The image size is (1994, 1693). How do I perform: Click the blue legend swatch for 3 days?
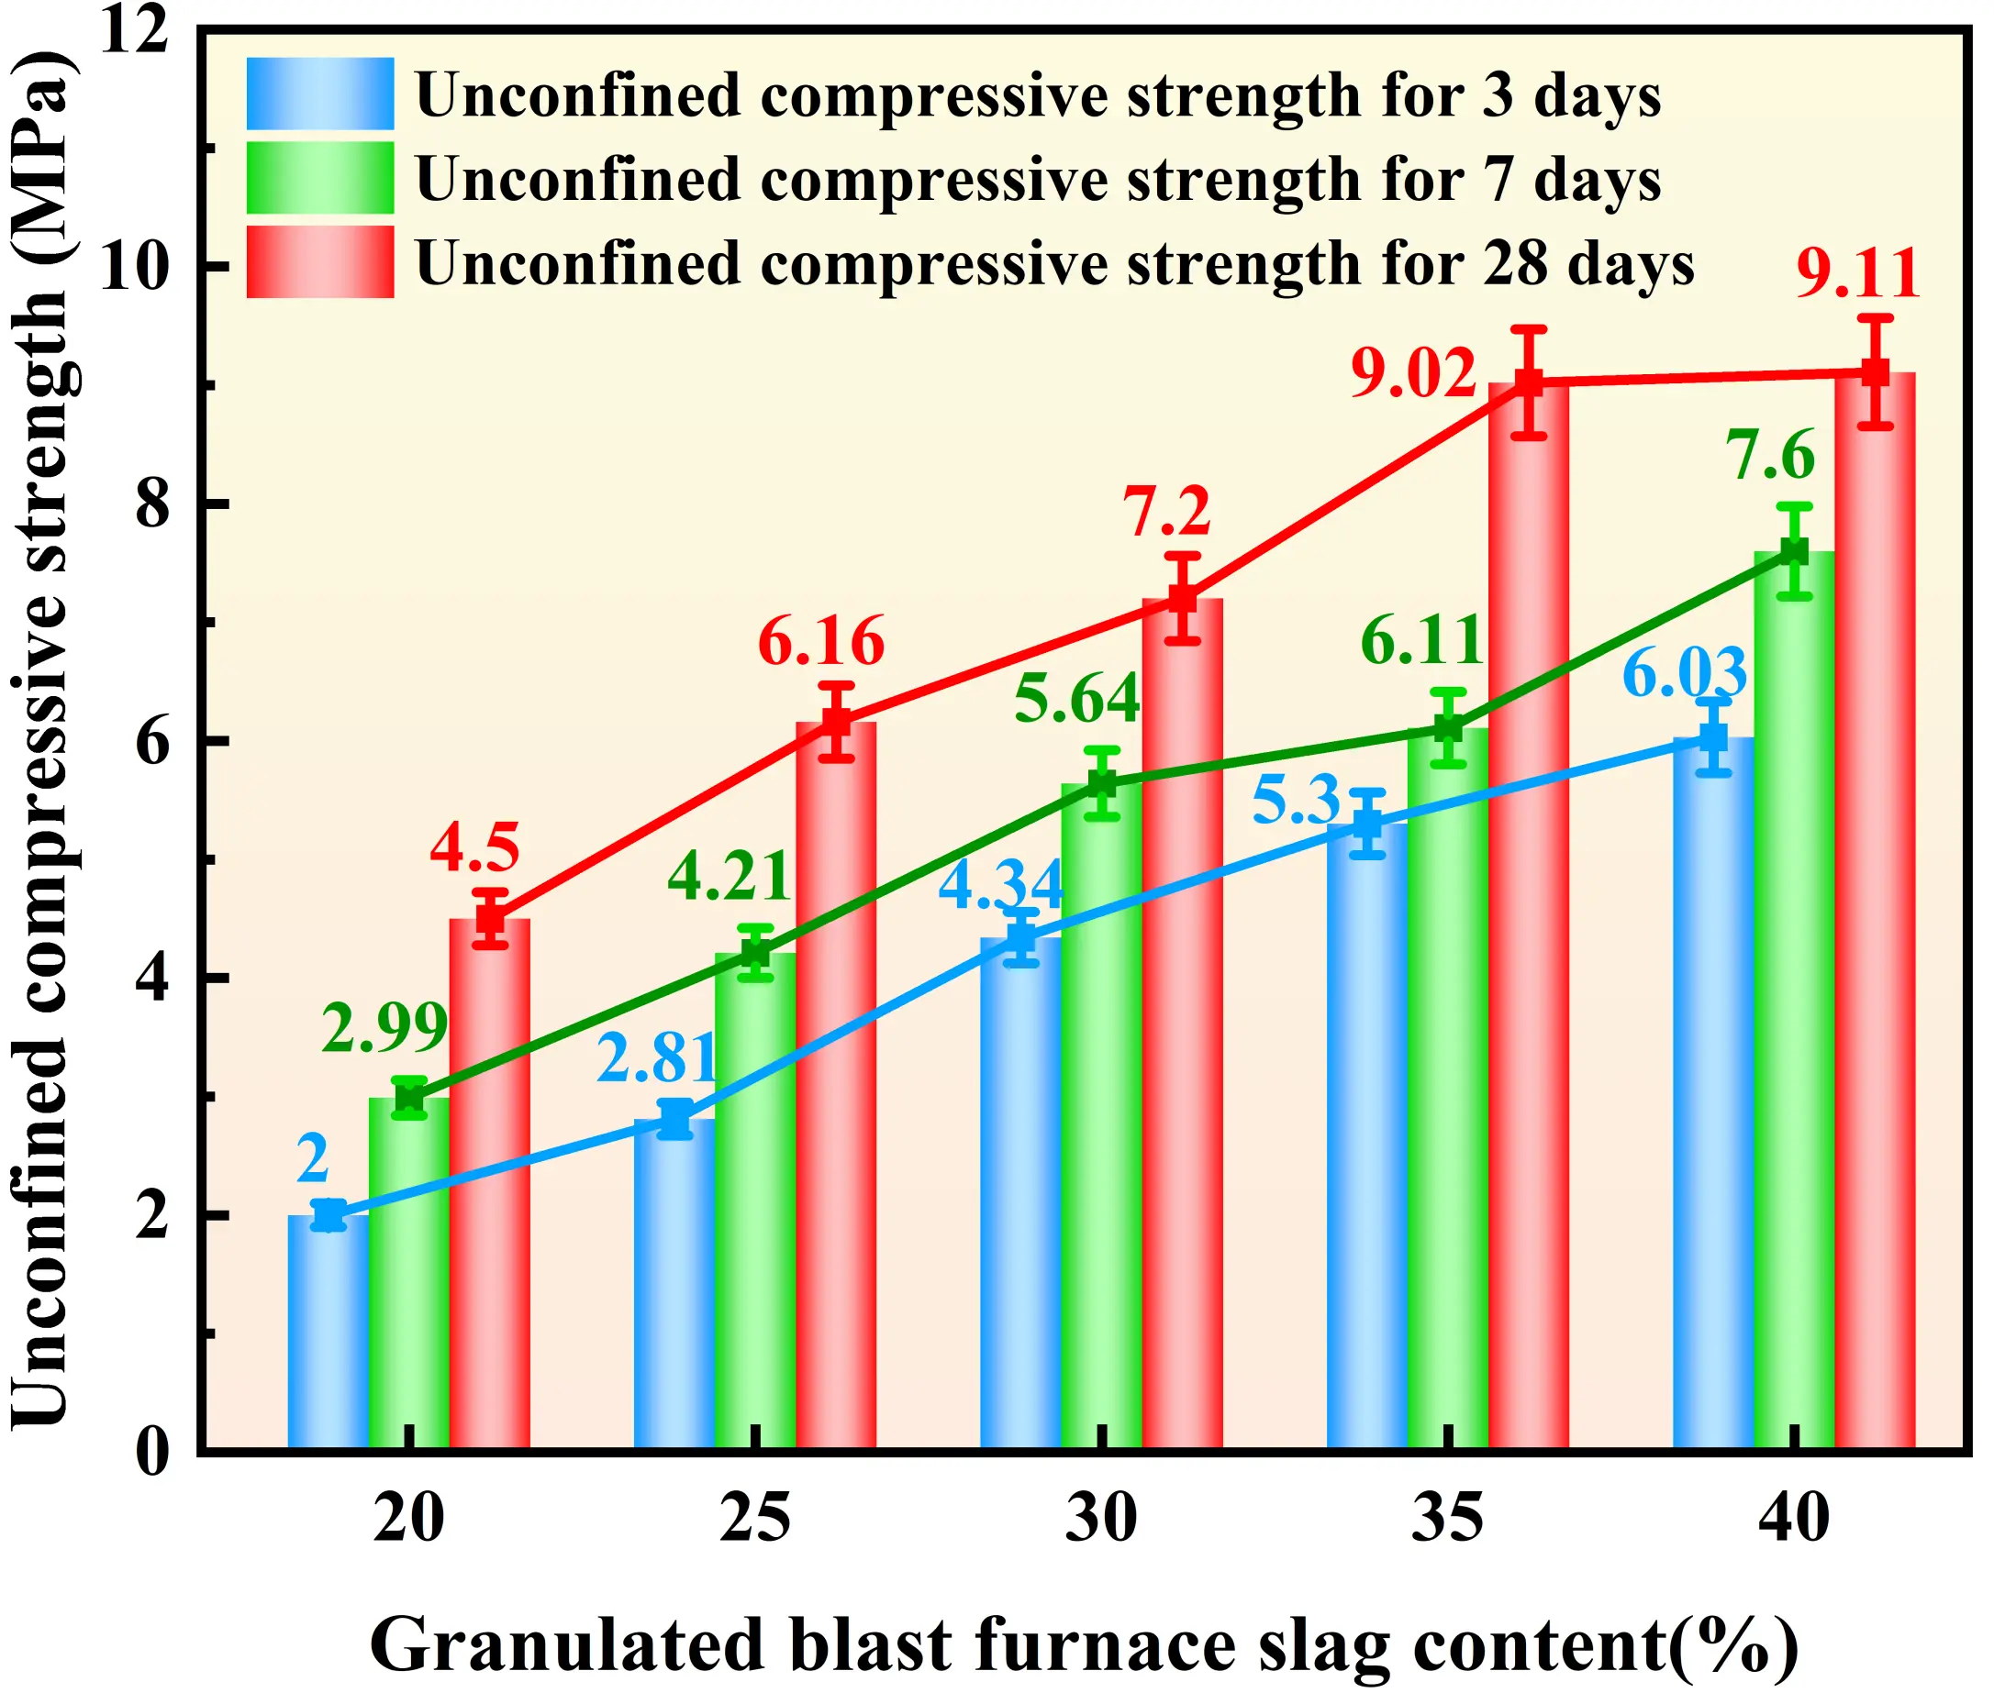(319, 94)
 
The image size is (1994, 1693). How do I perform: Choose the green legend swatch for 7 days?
(319, 178)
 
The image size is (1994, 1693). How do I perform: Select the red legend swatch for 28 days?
(319, 261)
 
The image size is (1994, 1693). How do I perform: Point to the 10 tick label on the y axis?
(134, 266)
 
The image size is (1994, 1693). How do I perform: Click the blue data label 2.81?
(658, 1057)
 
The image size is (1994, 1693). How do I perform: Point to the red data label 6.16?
(821, 641)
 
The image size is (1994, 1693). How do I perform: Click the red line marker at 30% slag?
(1183, 598)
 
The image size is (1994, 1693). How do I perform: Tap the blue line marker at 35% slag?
(1367, 824)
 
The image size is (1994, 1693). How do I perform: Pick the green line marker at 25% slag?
(755, 953)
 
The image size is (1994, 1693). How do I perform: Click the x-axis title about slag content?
(1083, 1645)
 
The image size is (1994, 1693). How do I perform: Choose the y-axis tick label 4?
(151, 978)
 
